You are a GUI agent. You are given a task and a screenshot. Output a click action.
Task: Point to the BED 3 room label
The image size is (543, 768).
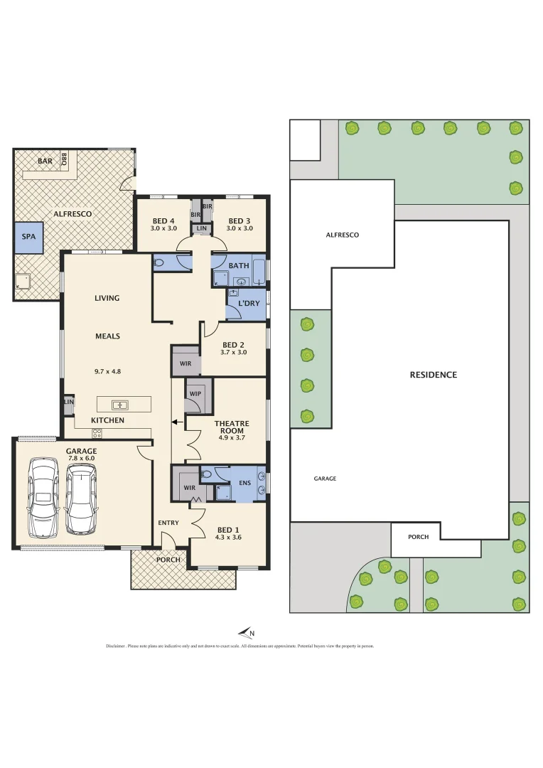[239, 220]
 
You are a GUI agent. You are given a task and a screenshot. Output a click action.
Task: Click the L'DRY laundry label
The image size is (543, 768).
[248, 304]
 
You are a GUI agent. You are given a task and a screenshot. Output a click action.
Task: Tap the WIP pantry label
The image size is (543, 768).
[194, 393]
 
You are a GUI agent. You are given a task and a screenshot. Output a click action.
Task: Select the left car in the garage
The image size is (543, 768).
[42, 496]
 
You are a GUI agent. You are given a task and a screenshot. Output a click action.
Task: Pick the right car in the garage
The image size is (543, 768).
[80, 496]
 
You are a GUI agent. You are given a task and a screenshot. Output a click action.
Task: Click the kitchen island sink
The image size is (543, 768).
[120, 405]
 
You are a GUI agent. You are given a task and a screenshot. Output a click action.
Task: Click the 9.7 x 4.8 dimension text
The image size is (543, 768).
[107, 371]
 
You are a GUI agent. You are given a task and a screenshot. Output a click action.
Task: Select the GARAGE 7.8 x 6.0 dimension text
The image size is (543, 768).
[80, 459]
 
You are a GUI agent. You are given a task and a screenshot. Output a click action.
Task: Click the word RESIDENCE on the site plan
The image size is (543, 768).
[433, 375]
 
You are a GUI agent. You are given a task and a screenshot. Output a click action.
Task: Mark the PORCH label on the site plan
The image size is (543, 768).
[418, 537]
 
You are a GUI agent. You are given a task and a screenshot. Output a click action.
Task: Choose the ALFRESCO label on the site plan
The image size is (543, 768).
[342, 235]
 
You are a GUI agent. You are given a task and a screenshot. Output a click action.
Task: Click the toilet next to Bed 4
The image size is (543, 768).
[160, 262]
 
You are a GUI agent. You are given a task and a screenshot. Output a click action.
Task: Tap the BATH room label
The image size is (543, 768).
[239, 266]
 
